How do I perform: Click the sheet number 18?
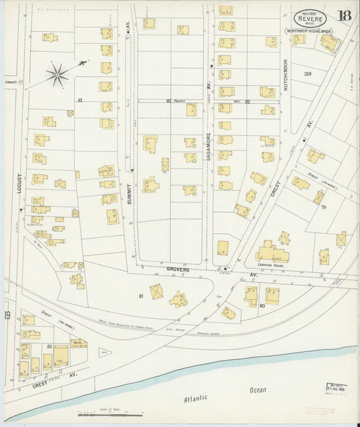coord(344,16)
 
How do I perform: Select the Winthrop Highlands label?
coord(309,31)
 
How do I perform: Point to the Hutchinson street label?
coord(286,75)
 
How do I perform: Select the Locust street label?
coord(20,185)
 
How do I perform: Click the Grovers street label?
coord(179,269)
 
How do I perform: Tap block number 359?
coord(308,74)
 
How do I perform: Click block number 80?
coord(261,305)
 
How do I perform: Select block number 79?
coord(323,207)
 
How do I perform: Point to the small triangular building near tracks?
coord(105,352)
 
